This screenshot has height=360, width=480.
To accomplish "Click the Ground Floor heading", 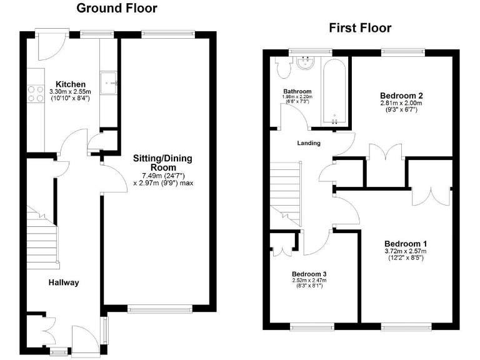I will [116, 9].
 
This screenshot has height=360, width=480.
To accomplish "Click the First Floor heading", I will [360, 28].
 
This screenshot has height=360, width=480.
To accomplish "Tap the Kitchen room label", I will [70, 84].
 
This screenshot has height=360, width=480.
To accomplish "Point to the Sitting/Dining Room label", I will [158, 163].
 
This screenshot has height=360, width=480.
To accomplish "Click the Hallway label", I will [64, 282].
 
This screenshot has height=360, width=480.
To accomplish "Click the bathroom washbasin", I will [306, 62].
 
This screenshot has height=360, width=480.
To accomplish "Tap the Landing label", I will [308, 143].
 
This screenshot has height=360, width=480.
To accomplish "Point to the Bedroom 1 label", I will [405, 243].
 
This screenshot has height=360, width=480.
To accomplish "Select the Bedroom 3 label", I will [309, 274].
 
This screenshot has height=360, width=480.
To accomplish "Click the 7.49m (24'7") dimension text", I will [159, 176].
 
